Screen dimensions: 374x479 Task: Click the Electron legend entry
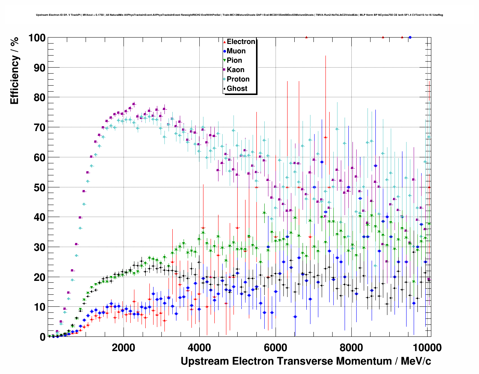tap(241, 42)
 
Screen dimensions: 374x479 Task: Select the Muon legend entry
tap(236, 51)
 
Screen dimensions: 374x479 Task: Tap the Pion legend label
tap(234, 60)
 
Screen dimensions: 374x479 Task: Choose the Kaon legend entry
tap(235, 70)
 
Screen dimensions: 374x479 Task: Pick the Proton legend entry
tap(238, 79)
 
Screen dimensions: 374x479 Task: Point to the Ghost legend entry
tap(237, 89)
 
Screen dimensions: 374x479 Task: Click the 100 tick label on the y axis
tap(37, 38)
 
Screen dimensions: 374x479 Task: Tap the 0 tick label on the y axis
tap(42, 337)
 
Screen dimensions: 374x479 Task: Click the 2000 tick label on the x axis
tap(124, 347)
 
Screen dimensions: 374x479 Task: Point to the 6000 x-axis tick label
tap(276, 347)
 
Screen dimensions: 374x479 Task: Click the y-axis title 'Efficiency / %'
tap(15, 70)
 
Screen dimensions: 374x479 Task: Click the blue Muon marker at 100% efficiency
tap(410, 38)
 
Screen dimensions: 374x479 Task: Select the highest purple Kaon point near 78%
tap(134, 104)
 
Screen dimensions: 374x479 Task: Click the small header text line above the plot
tap(239, 15)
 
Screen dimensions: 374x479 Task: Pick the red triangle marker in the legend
tap(224, 42)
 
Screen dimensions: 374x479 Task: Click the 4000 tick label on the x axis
tap(200, 347)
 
